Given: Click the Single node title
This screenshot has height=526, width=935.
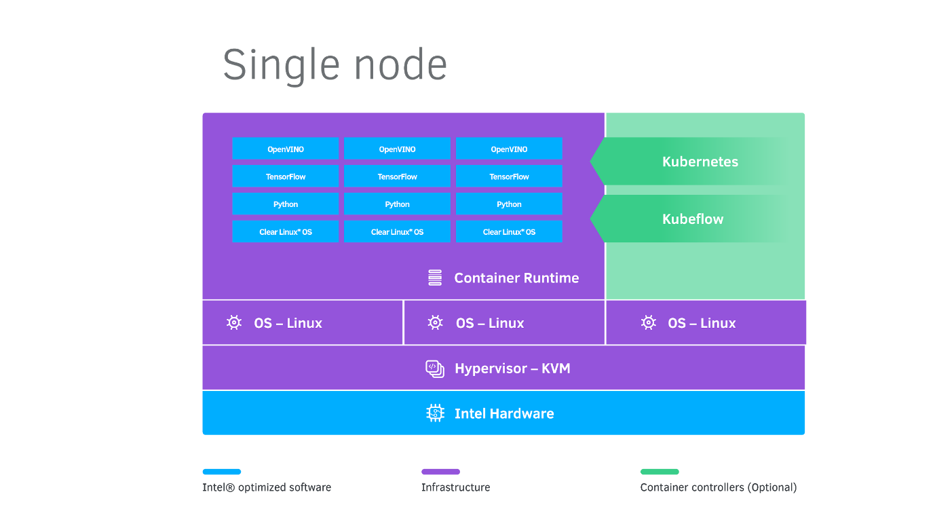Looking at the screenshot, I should tap(335, 65).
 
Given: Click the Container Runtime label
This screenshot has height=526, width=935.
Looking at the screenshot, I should tap(516, 278).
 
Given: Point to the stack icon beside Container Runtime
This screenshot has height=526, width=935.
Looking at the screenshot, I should tap(435, 278).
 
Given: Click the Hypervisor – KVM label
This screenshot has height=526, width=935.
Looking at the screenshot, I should tap(512, 369).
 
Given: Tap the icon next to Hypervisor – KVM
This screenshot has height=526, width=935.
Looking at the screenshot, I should tap(435, 369).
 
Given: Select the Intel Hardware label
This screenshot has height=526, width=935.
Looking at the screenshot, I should tap(504, 413).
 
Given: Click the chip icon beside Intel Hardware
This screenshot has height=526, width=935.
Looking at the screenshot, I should tap(435, 413).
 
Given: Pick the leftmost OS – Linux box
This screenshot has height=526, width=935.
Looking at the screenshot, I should tap(303, 323).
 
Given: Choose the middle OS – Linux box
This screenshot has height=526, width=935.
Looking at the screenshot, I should tap(504, 323).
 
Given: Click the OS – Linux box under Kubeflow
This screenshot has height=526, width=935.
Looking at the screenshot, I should tap(706, 323).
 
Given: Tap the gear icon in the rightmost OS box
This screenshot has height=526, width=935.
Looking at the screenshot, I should tap(649, 323).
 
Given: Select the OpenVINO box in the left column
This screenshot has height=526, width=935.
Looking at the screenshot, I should tap(285, 149).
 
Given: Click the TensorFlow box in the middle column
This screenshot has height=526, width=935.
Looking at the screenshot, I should tap(397, 176).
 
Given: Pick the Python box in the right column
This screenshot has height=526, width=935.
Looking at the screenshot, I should tap(509, 204).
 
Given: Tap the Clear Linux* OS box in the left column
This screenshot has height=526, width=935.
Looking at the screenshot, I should tap(285, 231).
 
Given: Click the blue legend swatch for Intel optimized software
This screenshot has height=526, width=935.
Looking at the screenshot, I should tap(222, 472).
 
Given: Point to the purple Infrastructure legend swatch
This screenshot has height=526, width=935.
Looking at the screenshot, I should tap(440, 472).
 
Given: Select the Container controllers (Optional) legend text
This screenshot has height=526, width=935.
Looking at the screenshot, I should tap(719, 487).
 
